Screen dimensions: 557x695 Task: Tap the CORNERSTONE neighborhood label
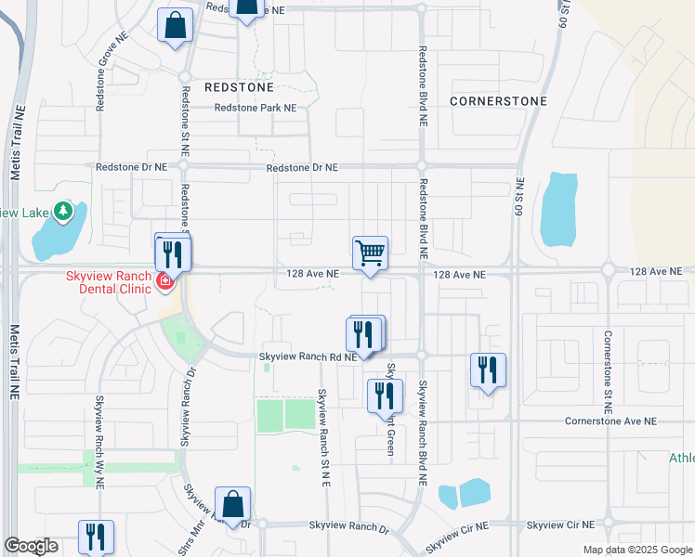coord(498,100)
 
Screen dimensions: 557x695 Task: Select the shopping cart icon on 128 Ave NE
coord(370,253)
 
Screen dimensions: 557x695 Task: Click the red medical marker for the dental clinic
coord(164,281)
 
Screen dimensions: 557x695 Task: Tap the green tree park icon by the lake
coord(63,213)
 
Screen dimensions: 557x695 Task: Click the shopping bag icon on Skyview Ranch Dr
coord(233,506)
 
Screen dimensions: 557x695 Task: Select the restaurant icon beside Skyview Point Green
coord(384,396)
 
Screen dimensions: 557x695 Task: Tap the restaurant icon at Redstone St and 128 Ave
coord(173,252)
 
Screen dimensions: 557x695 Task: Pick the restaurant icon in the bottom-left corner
coord(95,538)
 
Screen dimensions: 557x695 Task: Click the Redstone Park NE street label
coord(255,108)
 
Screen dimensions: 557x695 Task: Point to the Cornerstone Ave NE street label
coord(610,421)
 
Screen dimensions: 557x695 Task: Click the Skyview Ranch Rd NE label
coord(308,356)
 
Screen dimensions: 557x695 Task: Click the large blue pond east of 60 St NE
coord(557,209)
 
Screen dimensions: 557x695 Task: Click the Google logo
coord(31,546)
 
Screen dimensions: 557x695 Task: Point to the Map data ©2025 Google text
coord(636,550)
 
